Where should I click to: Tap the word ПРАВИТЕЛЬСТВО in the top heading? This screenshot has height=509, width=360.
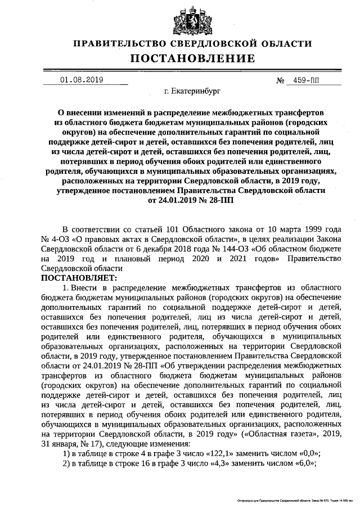[120, 43]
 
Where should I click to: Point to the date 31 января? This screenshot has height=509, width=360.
[61, 444]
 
